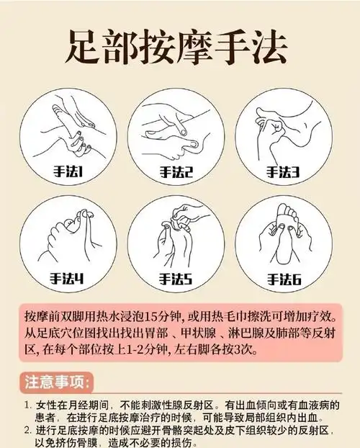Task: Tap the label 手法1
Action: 66,171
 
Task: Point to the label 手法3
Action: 282,171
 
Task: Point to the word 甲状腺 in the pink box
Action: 189,333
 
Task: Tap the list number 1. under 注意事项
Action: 27,405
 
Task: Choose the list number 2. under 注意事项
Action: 27,430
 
